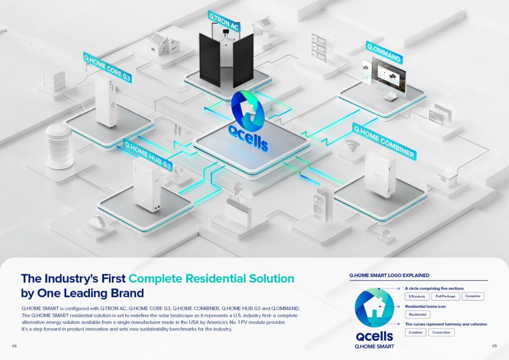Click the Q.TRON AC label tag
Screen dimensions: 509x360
click(x=224, y=21)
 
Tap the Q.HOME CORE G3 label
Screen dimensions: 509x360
click(x=107, y=68)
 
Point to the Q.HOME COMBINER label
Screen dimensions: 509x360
click(x=384, y=142)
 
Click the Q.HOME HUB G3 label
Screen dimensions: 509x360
click(x=148, y=155)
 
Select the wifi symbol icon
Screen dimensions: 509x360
click(x=351, y=145)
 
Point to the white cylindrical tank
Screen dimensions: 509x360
click(x=59, y=146)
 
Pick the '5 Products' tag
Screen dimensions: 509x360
click(x=417, y=296)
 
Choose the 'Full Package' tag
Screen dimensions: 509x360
click(x=445, y=296)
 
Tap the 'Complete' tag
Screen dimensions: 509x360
click(x=473, y=296)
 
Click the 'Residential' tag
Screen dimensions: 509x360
click(x=418, y=315)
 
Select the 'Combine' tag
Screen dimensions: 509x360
click(x=416, y=333)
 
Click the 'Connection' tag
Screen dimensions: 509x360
click(x=441, y=333)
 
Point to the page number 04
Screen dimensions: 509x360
click(x=14, y=346)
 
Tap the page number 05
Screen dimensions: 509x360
click(x=495, y=346)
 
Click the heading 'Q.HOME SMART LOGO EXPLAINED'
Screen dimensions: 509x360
click(x=389, y=275)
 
